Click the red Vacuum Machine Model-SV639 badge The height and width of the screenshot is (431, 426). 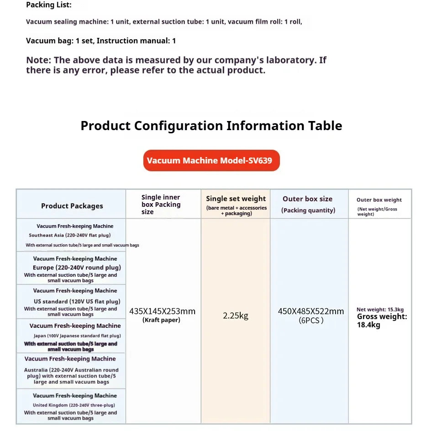(x=211, y=161)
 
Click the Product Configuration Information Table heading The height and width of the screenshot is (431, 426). (x=211, y=126)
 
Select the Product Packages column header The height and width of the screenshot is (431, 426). (x=72, y=206)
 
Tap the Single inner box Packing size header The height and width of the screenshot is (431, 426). (x=161, y=205)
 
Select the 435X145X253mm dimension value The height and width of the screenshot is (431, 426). (x=162, y=311)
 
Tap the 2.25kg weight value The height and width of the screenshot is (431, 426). (x=236, y=315)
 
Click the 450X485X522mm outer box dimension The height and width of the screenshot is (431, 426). (x=311, y=311)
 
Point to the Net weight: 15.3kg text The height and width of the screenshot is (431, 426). (x=380, y=310)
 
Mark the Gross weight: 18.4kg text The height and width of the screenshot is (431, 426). (x=382, y=321)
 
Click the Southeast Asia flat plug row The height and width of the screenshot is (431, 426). (x=71, y=235)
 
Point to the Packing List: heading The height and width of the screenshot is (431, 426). (x=49, y=5)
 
